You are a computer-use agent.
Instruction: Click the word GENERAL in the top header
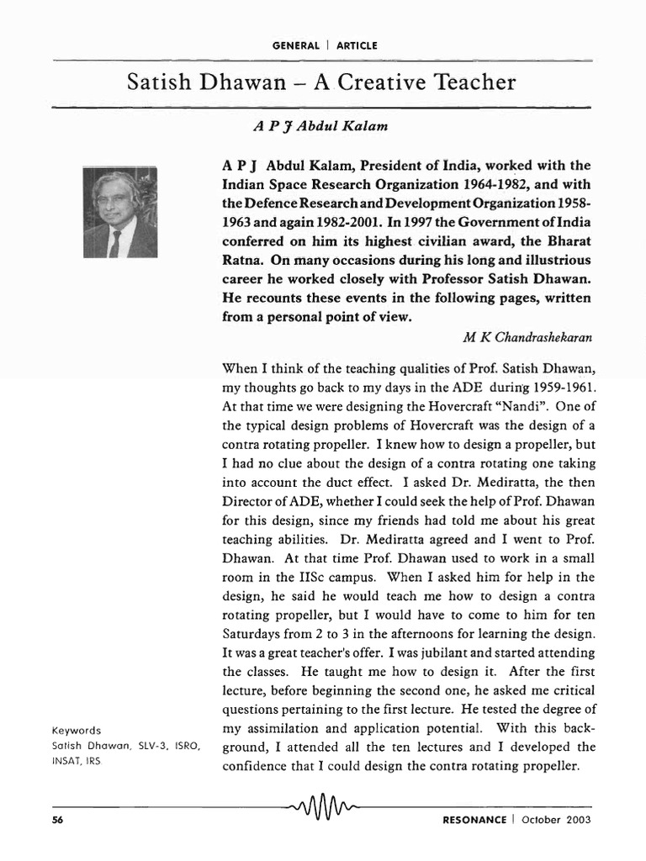pyautogui.click(x=296, y=45)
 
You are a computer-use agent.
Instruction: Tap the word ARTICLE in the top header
pyautogui.click(x=357, y=45)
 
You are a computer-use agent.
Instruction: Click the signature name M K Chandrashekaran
pyautogui.click(x=527, y=336)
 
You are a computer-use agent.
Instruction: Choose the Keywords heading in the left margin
pyautogui.click(x=77, y=731)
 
